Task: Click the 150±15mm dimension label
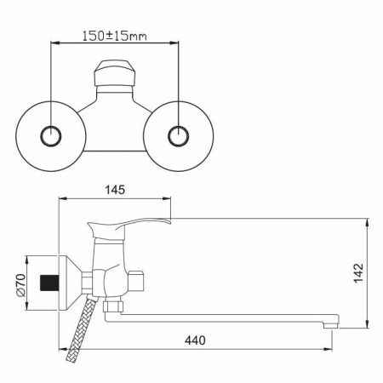pyautogui.click(x=115, y=36)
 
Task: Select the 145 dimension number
pyautogui.click(x=115, y=190)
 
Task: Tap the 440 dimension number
pyautogui.click(x=195, y=340)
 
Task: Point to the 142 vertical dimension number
pyautogui.click(x=358, y=273)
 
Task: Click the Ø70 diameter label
pyautogui.click(x=21, y=285)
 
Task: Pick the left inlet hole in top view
pyautogui.click(x=51, y=136)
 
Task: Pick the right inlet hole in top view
pyautogui.click(x=178, y=136)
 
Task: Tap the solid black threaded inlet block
pyautogui.click(x=49, y=283)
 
